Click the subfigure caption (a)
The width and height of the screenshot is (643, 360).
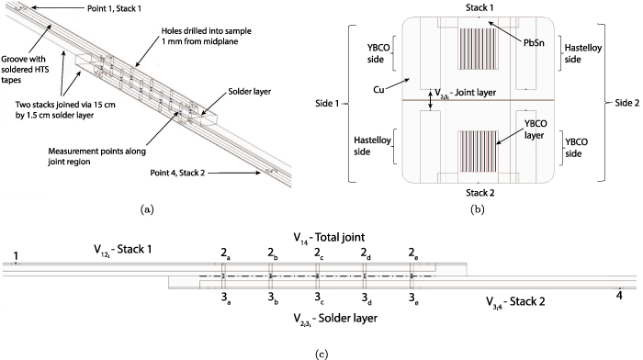pos(147,208)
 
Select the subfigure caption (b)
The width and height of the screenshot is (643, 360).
pos(477,209)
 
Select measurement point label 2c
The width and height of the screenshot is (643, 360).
pos(319,253)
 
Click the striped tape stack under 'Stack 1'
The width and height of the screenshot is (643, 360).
pos(476,53)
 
